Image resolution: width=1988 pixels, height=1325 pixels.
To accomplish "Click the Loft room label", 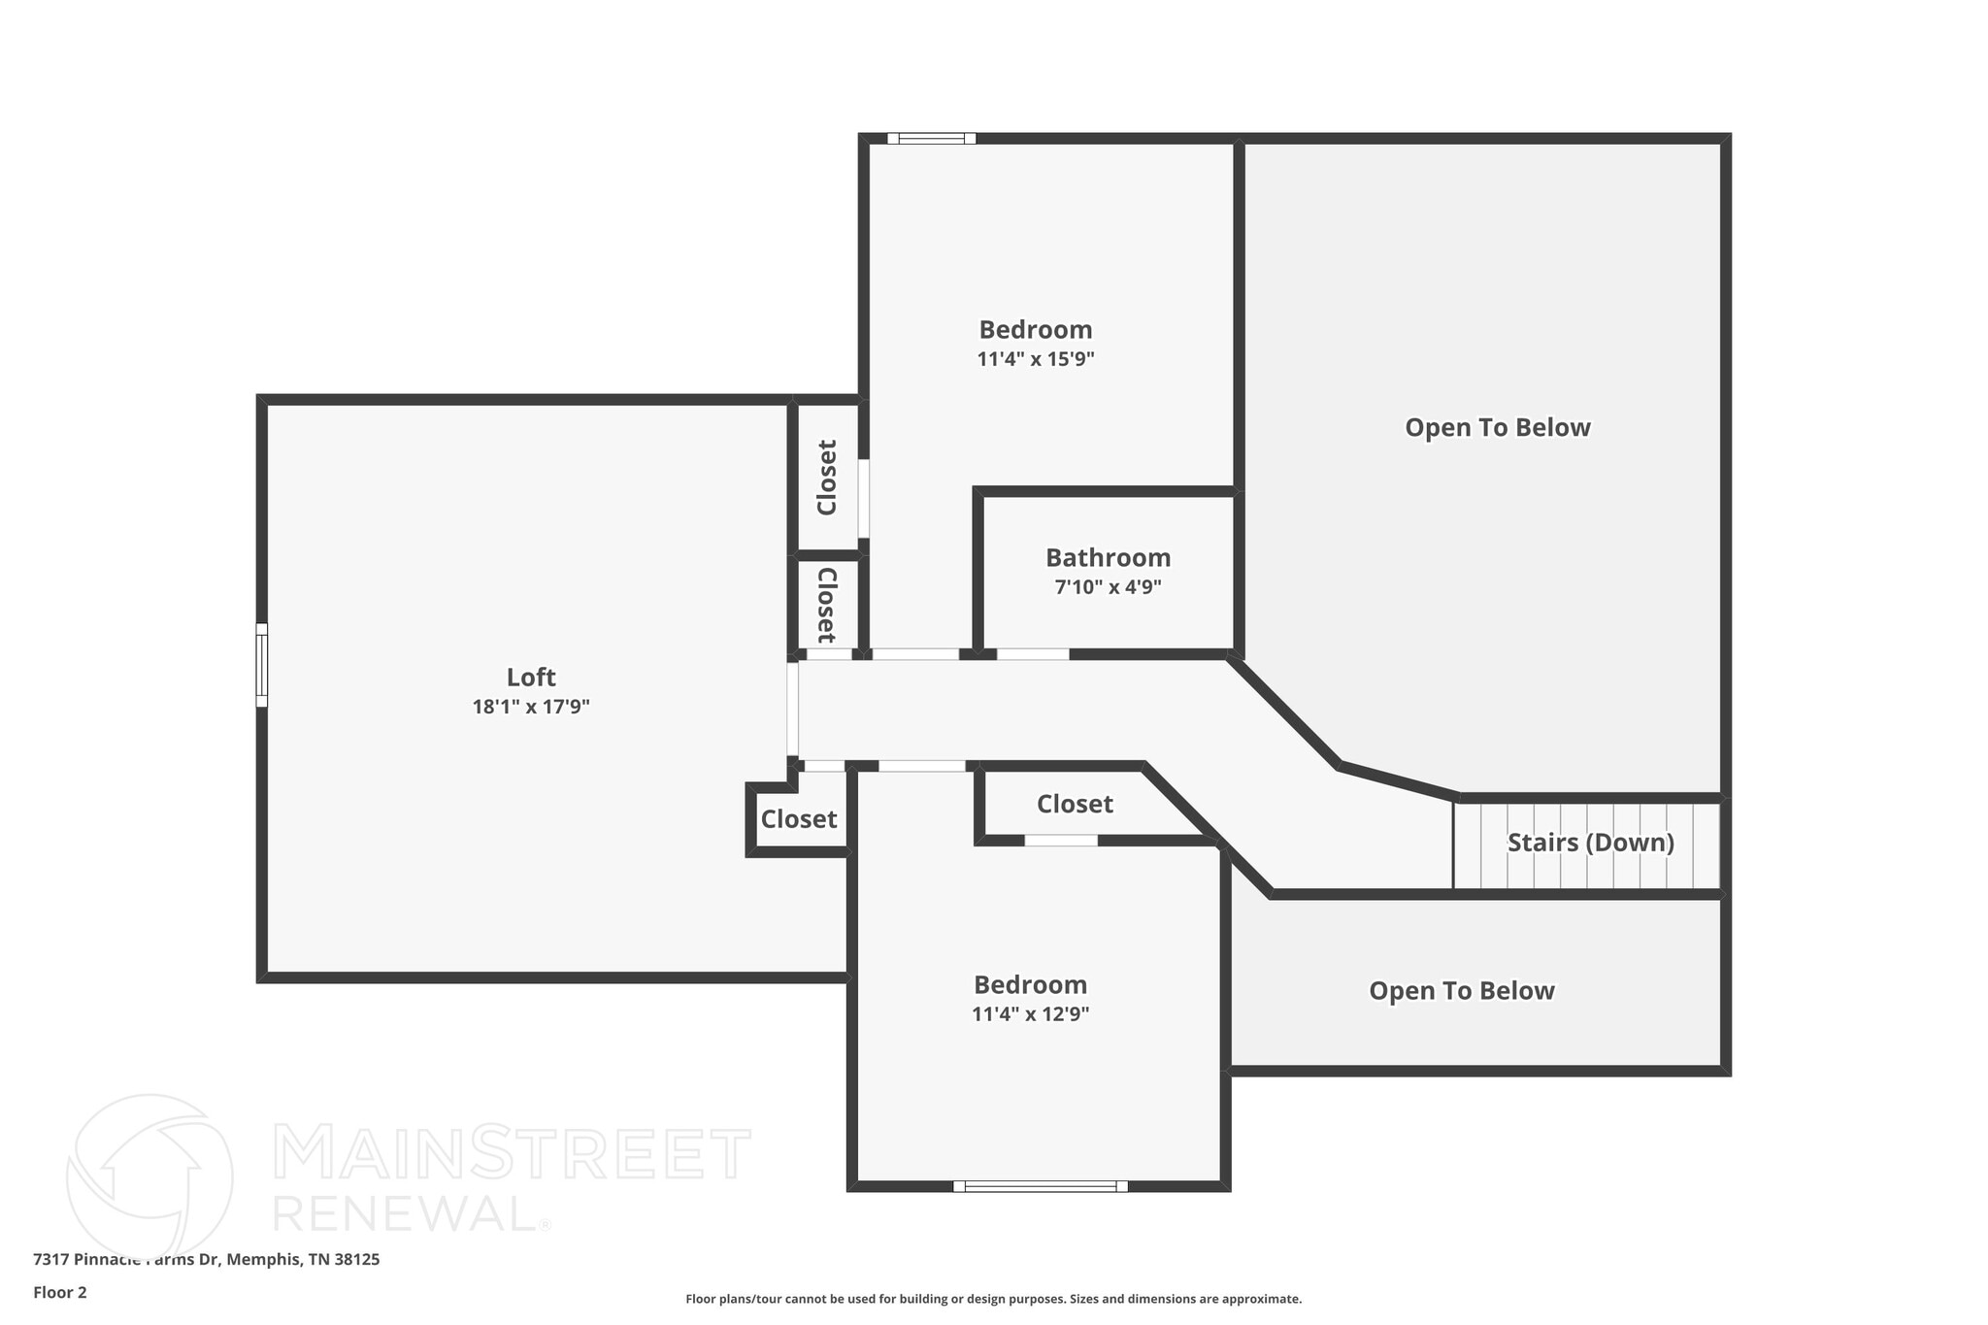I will click(531, 677).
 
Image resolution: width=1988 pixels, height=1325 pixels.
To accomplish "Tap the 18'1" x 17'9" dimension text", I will click(531, 707).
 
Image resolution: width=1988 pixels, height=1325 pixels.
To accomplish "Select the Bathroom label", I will click(1108, 558).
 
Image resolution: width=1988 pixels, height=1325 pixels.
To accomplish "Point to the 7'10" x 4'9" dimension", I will click(1108, 587).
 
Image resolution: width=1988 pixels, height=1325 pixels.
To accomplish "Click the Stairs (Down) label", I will click(1590, 843).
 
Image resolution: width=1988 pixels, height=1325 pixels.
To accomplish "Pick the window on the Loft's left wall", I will click(261, 665).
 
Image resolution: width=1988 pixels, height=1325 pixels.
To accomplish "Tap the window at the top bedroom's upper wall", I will click(932, 138).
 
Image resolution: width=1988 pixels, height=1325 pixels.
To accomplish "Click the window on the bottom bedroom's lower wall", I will click(1040, 1185).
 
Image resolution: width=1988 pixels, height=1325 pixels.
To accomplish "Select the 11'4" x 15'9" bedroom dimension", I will click(1036, 359).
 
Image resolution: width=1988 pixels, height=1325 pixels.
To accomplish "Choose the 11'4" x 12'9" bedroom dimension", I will click(1030, 1014).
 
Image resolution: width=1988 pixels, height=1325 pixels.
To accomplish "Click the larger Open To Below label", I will click(1498, 428).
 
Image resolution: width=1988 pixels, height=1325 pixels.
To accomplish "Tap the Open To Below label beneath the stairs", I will click(1462, 991).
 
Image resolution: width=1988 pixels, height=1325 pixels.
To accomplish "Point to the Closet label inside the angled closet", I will click(1075, 804).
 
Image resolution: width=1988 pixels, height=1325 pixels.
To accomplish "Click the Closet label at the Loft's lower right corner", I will click(799, 819).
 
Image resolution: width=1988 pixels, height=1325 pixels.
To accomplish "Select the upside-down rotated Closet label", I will click(826, 605).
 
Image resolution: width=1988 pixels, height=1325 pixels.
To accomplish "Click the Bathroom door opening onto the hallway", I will click(1033, 654).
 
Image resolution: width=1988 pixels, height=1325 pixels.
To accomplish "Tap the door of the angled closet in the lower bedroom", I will click(1061, 840).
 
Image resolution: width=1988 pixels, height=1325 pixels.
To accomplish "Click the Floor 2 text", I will click(60, 1292).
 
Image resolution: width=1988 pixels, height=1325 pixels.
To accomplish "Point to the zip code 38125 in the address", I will click(356, 1259).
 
